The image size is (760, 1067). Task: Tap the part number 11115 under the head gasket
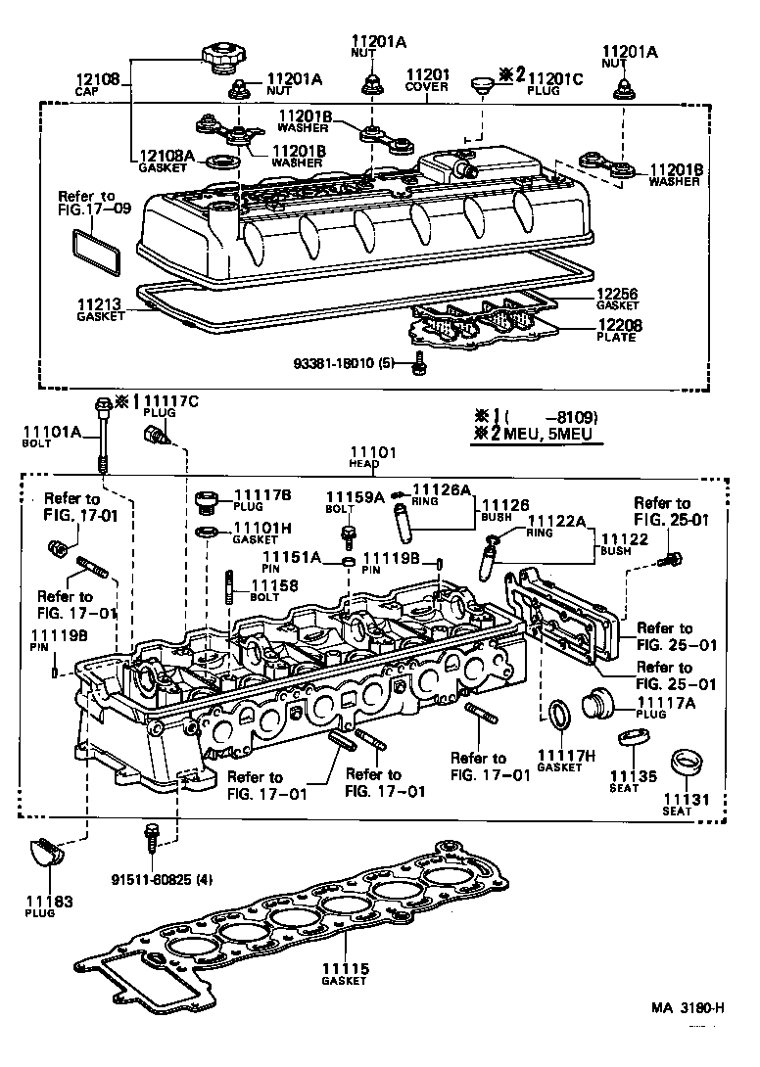coord(346,969)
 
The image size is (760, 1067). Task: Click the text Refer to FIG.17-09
coord(86,203)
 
